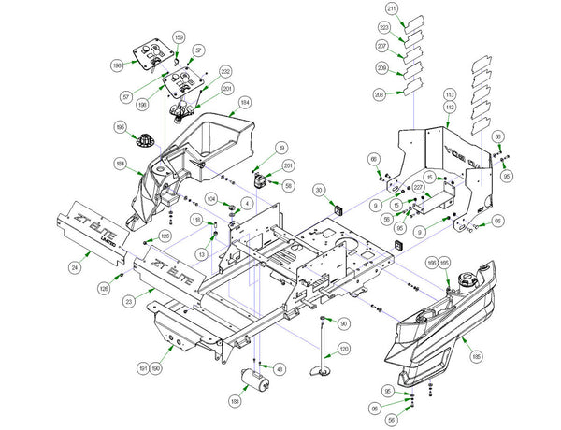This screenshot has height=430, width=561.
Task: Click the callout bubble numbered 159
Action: tap(178, 38)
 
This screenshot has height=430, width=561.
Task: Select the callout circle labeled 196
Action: tap(143, 66)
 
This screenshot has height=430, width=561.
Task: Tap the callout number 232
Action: tap(225, 71)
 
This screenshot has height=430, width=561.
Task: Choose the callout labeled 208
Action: tap(379, 93)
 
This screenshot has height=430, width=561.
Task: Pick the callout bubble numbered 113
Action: tap(449, 95)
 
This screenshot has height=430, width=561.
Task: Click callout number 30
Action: tap(319, 190)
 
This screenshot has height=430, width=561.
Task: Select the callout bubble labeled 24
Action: tap(74, 267)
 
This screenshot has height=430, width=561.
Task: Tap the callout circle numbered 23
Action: tap(126, 294)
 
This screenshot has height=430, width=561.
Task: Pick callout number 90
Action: tap(343, 323)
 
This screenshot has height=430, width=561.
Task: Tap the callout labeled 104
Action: tap(212, 199)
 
